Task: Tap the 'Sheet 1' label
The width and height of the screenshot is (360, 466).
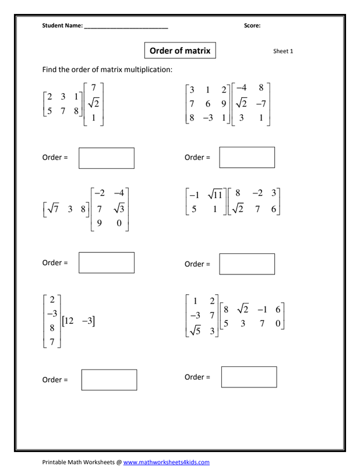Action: coord(283,51)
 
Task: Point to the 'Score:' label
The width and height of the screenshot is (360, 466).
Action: coord(252,26)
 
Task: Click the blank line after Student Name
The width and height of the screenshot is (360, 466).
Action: coord(126,26)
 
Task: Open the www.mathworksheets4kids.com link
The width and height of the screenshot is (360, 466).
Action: coord(166,462)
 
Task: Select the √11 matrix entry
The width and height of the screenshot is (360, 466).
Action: coord(215,195)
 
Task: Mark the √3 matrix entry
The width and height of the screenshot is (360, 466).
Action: coord(119,208)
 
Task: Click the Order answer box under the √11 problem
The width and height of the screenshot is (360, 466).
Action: coord(247,263)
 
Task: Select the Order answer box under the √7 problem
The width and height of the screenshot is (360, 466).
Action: coord(107,262)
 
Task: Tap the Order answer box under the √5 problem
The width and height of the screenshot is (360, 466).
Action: coord(249,377)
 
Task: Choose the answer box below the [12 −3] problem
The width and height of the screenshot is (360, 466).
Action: coord(109,379)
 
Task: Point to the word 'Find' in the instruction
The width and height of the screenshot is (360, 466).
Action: coord(50,70)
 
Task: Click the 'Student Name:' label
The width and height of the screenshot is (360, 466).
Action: coord(62,26)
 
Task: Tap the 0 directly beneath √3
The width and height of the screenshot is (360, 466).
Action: coord(119,222)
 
